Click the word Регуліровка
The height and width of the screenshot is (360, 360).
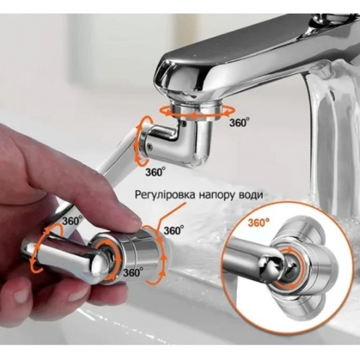coord(165,195)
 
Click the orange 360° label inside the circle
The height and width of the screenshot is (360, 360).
coord(259,222)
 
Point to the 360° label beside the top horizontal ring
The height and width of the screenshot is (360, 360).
coord(239,123)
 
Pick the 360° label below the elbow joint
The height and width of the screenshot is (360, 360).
coord(155,172)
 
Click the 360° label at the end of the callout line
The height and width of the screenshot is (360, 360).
coord(174,230)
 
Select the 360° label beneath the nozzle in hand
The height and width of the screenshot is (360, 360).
coord(133,272)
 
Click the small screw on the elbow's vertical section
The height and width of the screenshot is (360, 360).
coord(184,124)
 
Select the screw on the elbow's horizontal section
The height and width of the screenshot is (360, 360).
coord(150,146)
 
